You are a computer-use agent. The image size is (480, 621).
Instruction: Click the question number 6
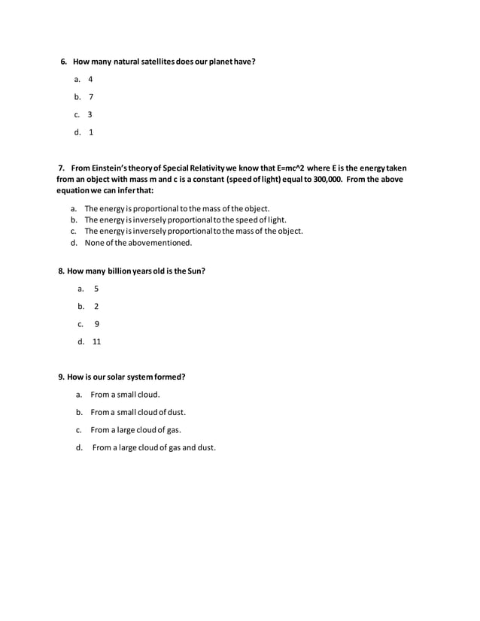coord(64,60)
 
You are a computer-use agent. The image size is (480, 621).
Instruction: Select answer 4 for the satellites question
coord(90,79)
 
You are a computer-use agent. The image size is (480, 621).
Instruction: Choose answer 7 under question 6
coord(90,97)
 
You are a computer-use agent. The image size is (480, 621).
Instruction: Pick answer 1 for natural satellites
coord(91,133)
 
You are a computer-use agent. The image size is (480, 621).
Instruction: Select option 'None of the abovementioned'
coord(138,243)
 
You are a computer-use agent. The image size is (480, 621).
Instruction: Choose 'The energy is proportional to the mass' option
coord(177,208)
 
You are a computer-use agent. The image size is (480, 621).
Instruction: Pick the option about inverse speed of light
coord(185,220)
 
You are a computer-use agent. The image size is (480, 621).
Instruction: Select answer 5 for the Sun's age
coord(96,289)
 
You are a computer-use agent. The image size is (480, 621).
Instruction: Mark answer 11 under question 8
coord(97,342)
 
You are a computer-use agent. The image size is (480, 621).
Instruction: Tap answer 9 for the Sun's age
coord(97,324)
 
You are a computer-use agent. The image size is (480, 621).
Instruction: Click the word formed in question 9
coord(169,377)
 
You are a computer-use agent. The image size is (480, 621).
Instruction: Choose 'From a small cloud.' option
coord(125,394)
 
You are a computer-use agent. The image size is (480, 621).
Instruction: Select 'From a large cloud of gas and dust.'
coord(153,448)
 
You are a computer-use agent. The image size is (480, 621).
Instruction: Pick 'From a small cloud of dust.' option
coord(138,412)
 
